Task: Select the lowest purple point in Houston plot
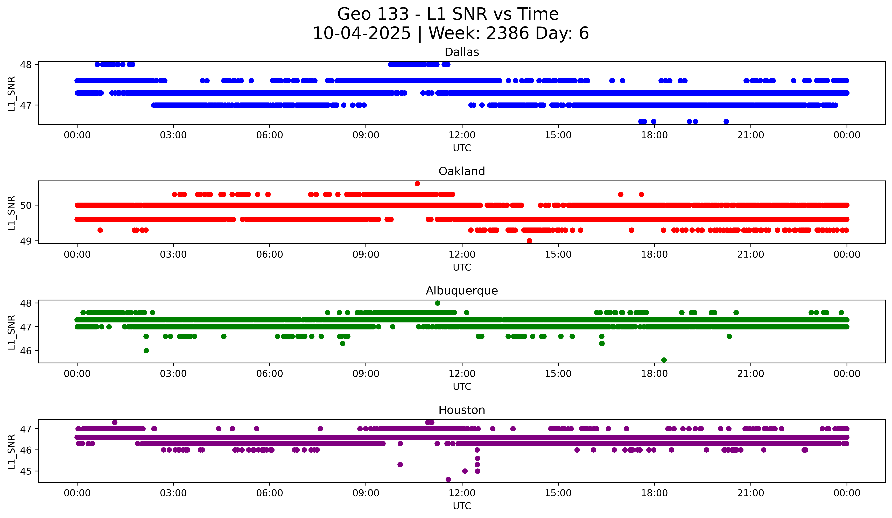point(448,479)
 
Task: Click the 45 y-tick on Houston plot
point(27,471)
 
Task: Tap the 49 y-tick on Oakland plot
point(27,241)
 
